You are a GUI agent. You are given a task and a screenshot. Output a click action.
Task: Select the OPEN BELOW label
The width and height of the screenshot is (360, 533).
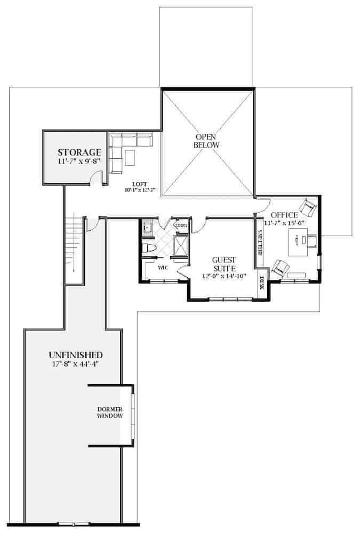[x=206, y=141]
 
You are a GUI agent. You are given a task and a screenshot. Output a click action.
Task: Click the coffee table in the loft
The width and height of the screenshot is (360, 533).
[x=130, y=158]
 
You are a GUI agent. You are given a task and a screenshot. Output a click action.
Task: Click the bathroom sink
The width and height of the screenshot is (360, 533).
[x=148, y=228]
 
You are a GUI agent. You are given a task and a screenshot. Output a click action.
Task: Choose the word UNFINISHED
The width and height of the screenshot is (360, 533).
[x=75, y=355]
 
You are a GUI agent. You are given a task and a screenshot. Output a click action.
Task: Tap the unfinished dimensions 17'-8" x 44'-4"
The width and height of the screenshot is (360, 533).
[x=75, y=365]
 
